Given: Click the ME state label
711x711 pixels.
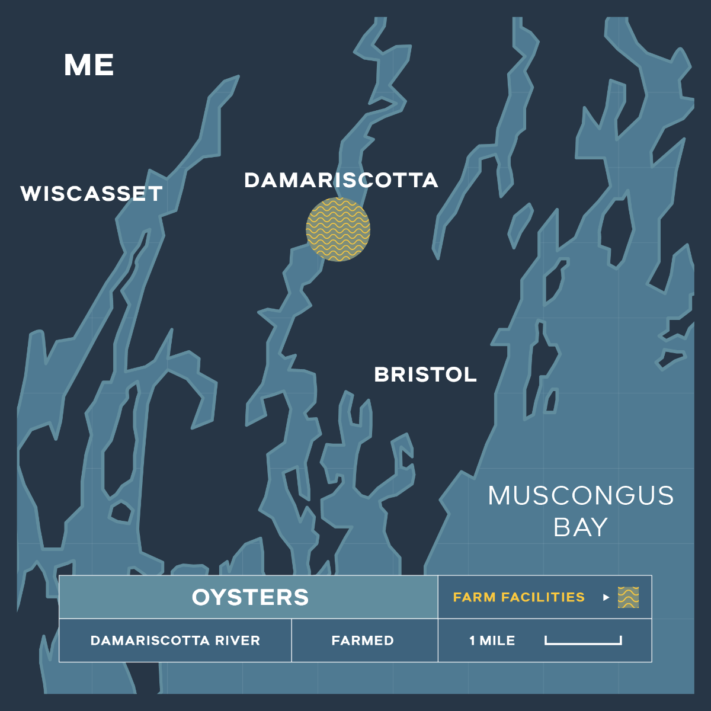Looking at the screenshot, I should pyautogui.click(x=89, y=65).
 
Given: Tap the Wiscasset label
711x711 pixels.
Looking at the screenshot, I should pyautogui.click(x=91, y=194).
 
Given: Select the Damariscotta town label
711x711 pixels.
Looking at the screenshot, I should pyautogui.click(x=341, y=180).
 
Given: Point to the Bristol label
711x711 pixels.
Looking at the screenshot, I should pyautogui.click(x=425, y=374).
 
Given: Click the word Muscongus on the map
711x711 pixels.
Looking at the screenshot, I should pyautogui.click(x=581, y=496).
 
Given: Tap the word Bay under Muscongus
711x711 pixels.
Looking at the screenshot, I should pyautogui.click(x=581, y=527).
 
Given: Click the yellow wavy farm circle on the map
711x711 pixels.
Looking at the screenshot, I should pyautogui.click(x=338, y=230).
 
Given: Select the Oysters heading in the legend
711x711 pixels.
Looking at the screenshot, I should pyautogui.click(x=250, y=597).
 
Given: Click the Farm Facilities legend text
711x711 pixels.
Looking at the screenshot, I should pyautogui.click(x=518, y=597).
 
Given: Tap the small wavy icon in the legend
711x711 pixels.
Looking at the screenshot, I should pyautogui.click(x=628, y=597).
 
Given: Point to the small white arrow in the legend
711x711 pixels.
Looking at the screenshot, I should pyautogui.click(x=606, y=597).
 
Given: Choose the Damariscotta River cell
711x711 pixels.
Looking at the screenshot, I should pyautogui.click(x=175, y=640).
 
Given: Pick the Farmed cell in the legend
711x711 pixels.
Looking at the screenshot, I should pyautogui.click(x=363, y=640).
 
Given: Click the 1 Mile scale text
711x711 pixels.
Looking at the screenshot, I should pyautogui.click(x=492, y=640).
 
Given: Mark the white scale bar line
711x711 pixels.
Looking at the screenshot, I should pyautogui.click(x=583, y=643).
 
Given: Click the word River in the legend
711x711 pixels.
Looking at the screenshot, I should pyautogui.click(x=238, y=640).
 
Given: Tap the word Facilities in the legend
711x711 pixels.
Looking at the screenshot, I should pyautogui.click(x=543, y=597).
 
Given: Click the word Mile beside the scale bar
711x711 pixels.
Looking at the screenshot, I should pyautogui.click(x=497, y=640).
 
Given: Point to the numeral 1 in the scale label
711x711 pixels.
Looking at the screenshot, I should pyautogui.click(x=472, y=640).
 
